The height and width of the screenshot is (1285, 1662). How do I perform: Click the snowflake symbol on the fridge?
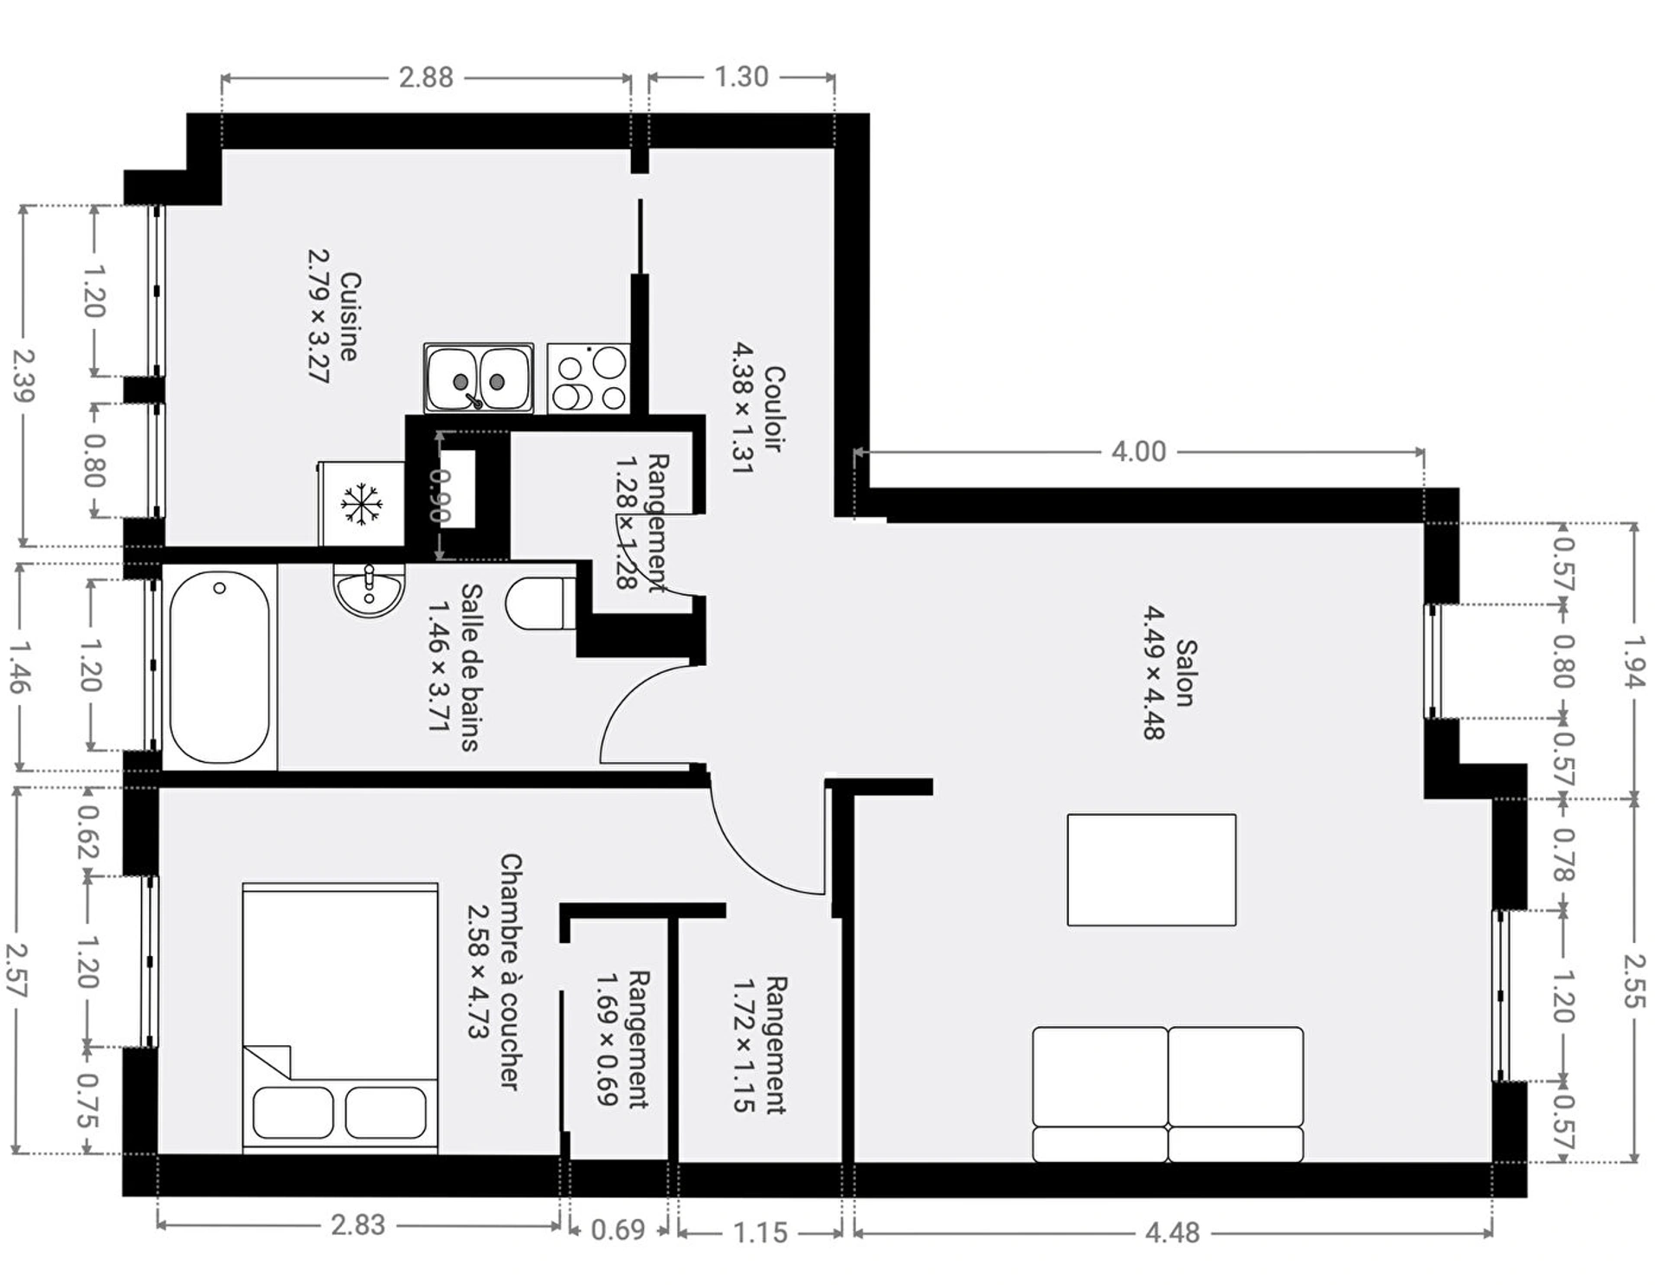[x=361, y=504]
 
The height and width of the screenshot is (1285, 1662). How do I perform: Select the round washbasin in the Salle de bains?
[x=370, y=590]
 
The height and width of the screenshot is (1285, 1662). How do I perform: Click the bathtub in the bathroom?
[x=220, y=668]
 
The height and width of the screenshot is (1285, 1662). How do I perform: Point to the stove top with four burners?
[x=589, y=378]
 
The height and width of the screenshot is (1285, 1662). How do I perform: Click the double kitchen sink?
[x=479, y=378]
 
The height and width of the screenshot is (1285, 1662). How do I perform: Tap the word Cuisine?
[x=350, y=317]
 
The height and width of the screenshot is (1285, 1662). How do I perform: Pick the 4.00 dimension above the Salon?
[x=1138, y=451]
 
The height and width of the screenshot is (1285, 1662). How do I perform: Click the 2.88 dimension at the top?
[x=426, y=77]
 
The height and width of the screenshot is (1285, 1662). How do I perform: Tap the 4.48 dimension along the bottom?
[x=1172, y=1232]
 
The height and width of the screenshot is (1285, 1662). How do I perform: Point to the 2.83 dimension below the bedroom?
[x=358, y=1225]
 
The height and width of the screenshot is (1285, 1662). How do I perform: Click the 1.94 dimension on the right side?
[x=1633, y=662]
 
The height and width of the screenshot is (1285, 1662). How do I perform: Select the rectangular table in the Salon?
[x=1151, y=870]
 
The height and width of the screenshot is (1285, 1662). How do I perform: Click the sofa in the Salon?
[x=1168, y=1095]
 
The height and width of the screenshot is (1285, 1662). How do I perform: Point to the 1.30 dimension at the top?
[x=742, y=76]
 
